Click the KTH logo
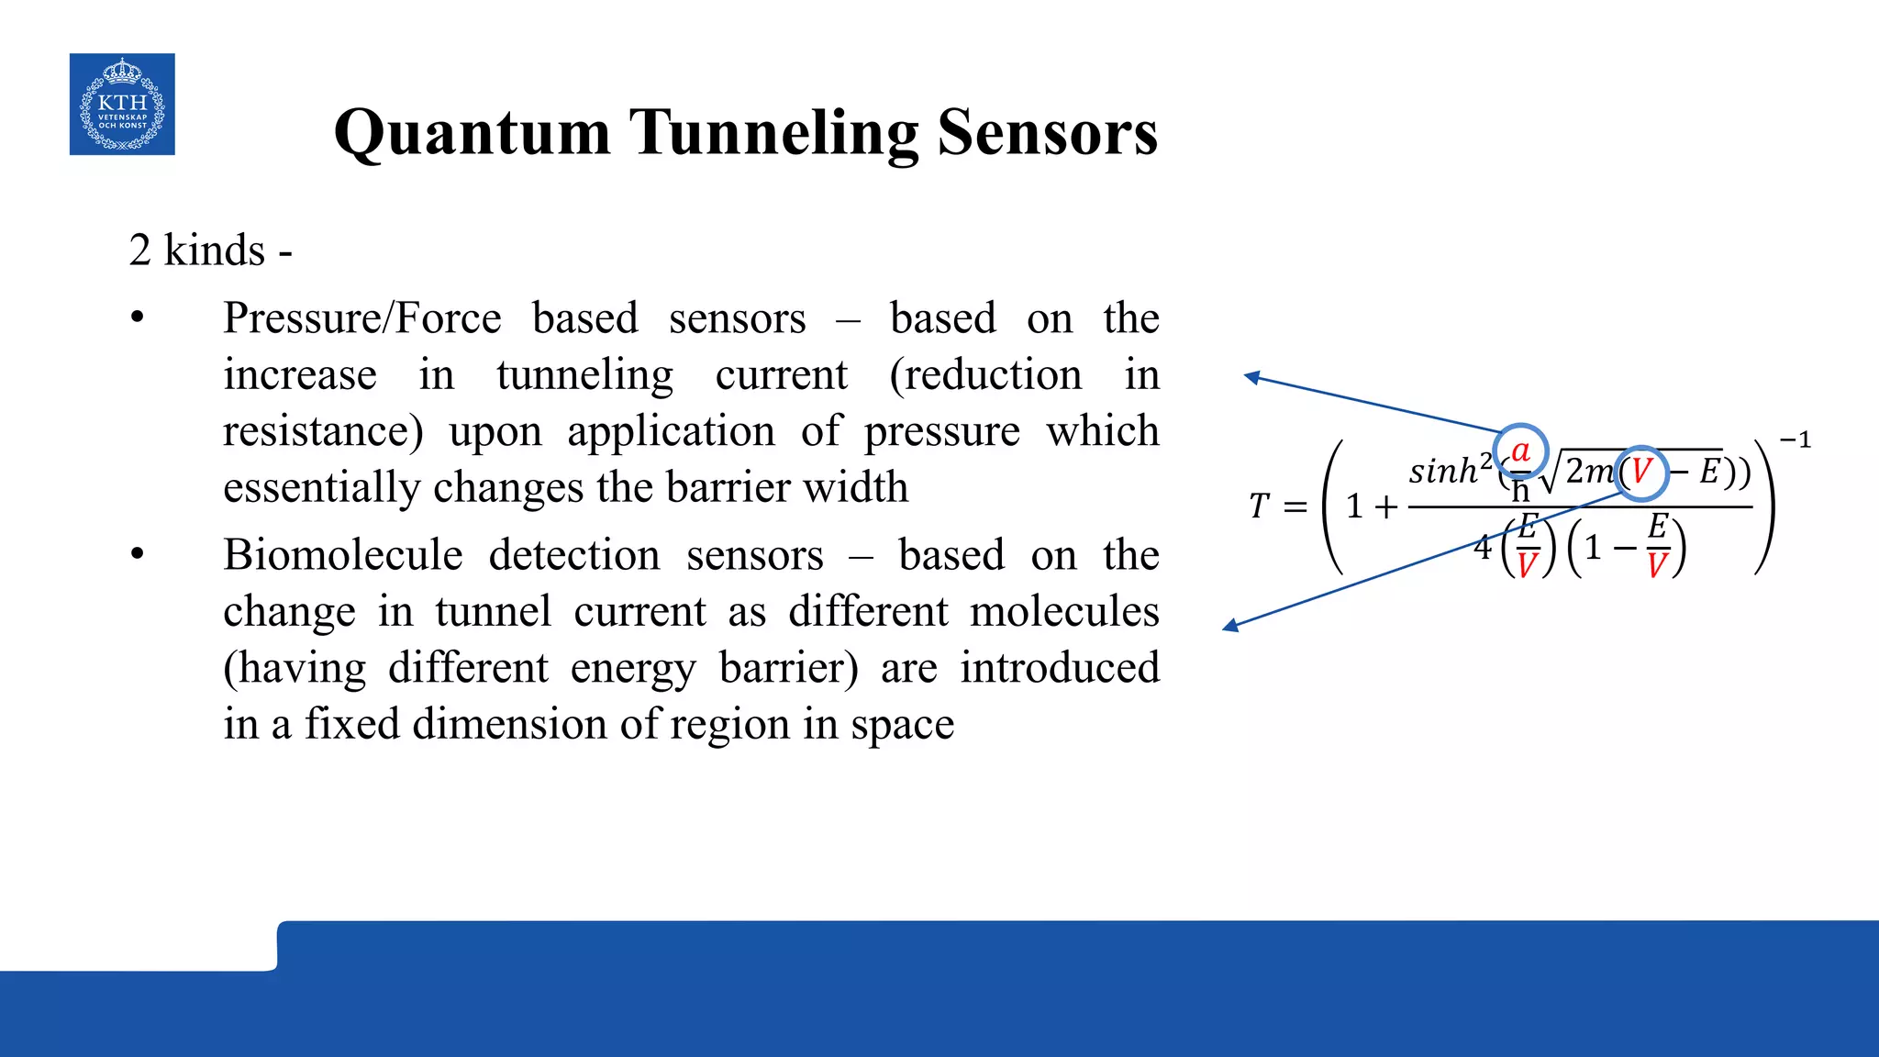click(x=122, y=104)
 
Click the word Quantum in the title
click(x=472, y=133)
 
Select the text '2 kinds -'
click(x=210, y=250)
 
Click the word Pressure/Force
click(x=361, y=319)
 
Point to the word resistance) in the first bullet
click(x=323, y=431)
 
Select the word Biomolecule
click(x=342, y=556)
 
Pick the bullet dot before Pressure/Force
click(x=138, y=318)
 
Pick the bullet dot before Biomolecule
click(x=138, y=555)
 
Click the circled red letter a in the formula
click(x=1520, y=451)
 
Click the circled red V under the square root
click(x=1640, y=473)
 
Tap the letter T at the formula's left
click(x=1258, y=506)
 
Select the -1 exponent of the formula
click(x=1796, y=441)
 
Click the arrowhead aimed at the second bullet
click(x=1230, y=626)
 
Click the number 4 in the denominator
click(x=1483, y=548)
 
